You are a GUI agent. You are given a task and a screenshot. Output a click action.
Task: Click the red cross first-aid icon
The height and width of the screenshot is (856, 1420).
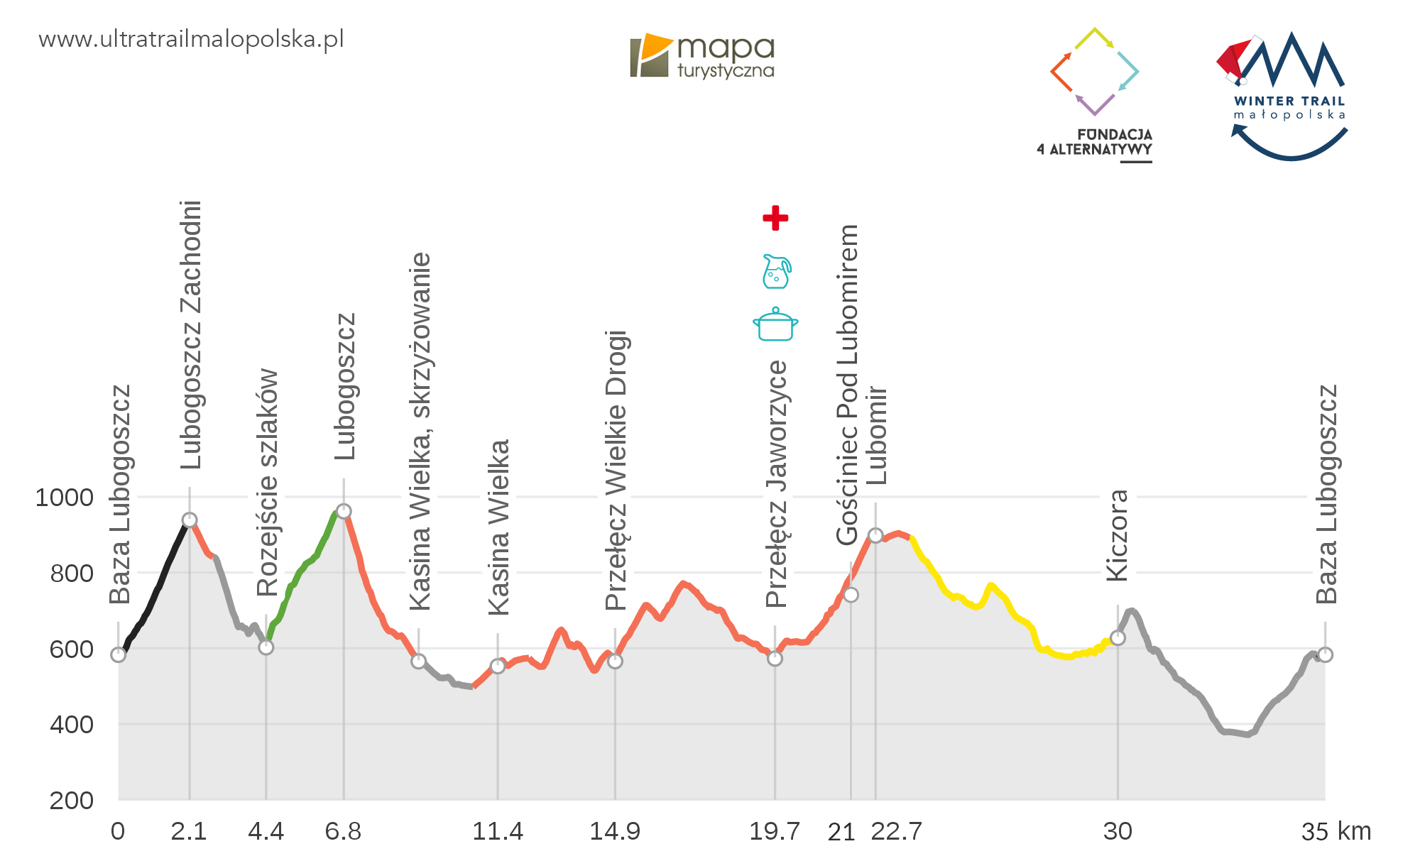[775, 218]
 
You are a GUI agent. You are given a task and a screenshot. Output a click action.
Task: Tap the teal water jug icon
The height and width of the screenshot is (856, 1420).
[776, 271]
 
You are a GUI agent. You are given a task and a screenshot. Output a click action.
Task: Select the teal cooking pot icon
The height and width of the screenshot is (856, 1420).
[775, 324]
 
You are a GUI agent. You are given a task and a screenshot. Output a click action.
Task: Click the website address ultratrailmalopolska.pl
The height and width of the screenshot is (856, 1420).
[191, 39]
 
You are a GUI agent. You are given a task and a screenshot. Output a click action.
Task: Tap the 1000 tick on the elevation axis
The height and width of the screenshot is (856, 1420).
[65, 497]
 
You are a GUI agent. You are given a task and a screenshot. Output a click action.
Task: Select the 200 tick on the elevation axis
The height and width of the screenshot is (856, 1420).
[71, 800]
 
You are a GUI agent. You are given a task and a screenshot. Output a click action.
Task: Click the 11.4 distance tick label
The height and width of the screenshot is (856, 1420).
[498, 830]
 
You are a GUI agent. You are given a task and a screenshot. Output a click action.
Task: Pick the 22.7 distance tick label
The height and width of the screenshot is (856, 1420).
[896, 830]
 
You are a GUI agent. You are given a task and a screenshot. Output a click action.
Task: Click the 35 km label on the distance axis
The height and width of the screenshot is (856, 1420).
[1336, 830]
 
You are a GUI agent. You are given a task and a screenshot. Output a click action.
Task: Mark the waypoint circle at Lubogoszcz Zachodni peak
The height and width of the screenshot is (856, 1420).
[190, 520]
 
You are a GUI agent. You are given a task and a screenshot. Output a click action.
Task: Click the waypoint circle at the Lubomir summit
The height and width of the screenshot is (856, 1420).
[875, 535]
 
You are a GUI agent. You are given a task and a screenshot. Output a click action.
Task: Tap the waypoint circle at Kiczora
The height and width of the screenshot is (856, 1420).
[1118, 637]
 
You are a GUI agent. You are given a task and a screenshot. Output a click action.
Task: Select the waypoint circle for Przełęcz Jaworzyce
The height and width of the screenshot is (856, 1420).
[775, 658]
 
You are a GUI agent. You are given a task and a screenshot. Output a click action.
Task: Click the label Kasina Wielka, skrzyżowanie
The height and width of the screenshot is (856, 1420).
[420, 431]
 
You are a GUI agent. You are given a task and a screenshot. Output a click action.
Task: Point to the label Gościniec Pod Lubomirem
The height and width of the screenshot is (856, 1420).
[847, 385]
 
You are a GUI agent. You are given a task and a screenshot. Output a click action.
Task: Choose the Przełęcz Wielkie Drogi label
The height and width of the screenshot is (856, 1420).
[616, 470]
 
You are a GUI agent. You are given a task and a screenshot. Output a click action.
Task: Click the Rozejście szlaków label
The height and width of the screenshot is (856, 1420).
[268, 482]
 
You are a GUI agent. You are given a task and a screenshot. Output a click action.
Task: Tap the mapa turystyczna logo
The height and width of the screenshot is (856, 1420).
[702, 55]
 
